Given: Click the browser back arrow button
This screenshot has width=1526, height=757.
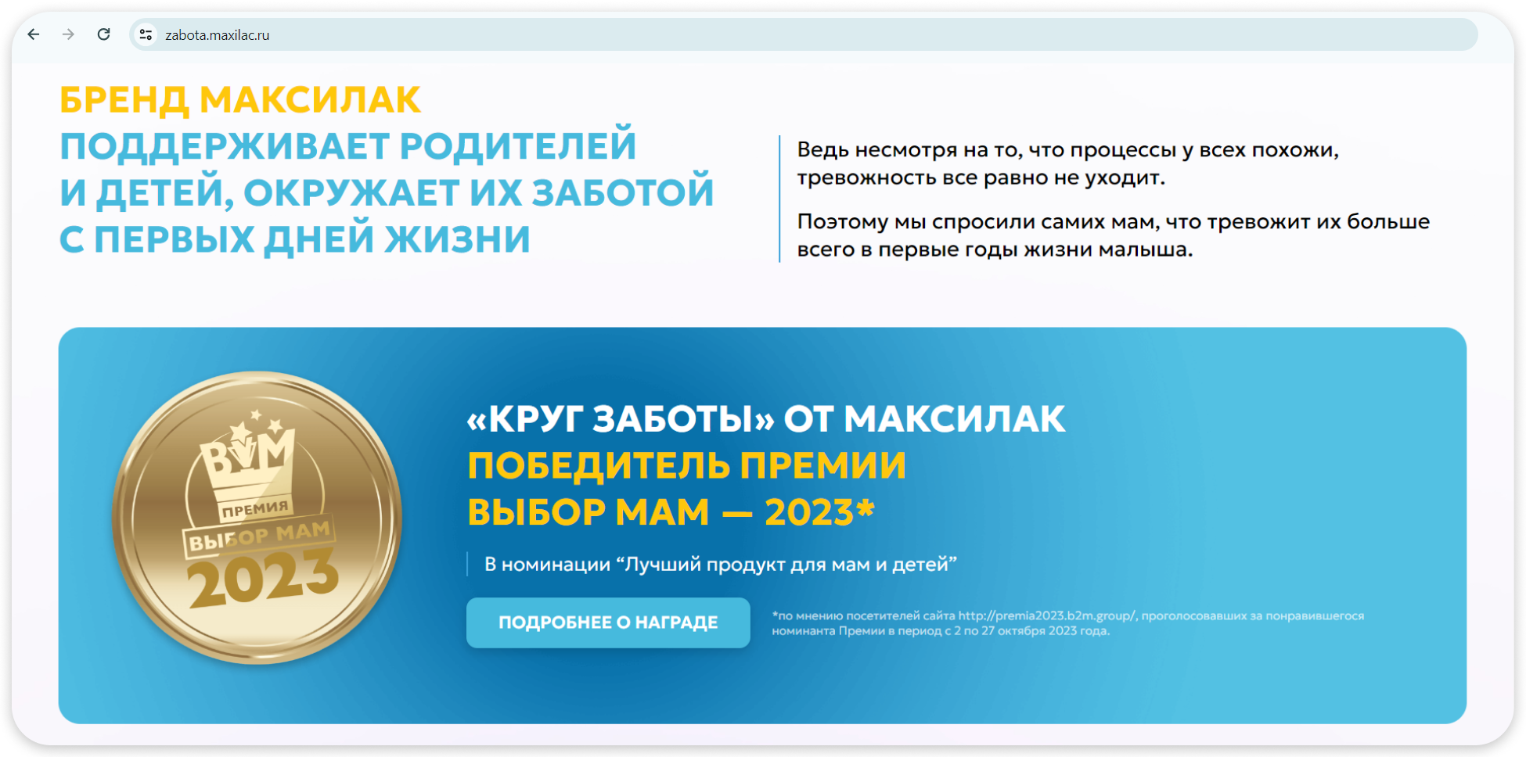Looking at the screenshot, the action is coord(34,34).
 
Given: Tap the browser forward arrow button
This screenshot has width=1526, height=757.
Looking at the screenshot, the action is coord(69,34).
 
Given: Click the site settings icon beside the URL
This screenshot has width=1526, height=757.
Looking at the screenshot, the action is coord(146,34).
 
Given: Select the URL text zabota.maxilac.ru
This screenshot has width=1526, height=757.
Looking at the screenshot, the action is coord(217,35).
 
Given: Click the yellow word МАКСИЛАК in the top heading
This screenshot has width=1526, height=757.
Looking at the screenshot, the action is coord(310,100).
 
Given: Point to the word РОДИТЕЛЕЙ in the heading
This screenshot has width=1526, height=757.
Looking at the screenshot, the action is coord(518,146).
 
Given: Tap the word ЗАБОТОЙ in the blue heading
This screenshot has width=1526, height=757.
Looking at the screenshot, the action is coord(623,192).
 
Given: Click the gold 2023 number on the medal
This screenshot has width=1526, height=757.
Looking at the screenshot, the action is coord(264,577).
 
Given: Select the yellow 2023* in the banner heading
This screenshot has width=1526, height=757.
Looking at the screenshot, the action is coord(819,512).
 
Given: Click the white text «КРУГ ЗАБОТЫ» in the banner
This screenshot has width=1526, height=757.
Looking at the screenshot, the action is coord(620,419).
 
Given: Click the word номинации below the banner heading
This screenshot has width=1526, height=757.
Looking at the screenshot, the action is coord(556,565).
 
